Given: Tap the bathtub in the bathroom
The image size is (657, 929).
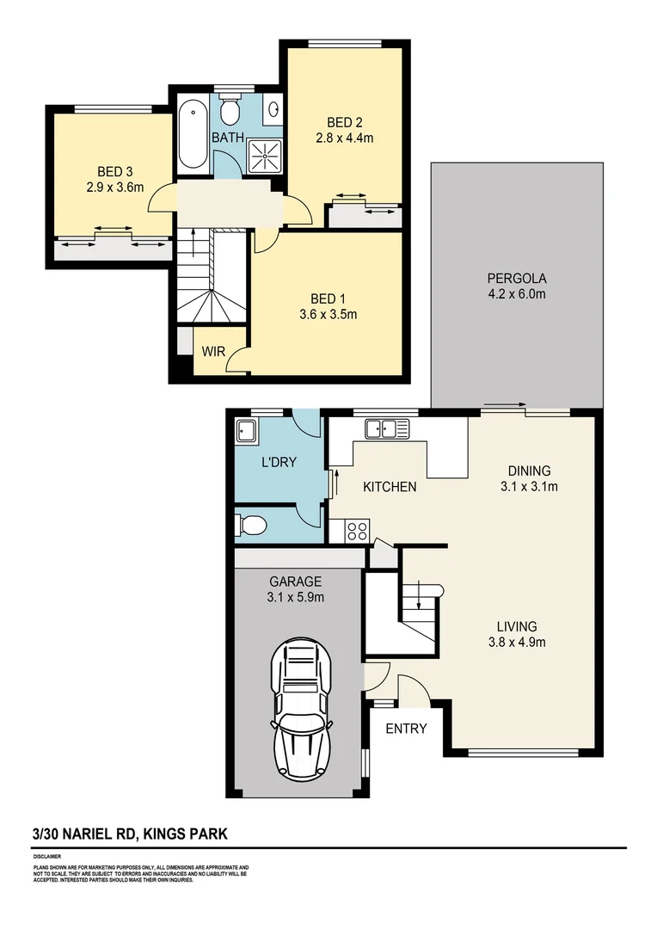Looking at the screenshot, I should click(192, 135).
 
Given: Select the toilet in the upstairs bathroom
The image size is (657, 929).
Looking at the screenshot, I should click(229, 110).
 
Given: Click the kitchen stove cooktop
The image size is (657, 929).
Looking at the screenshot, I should click(357, 532).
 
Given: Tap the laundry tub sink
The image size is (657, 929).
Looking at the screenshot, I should click(247, 431).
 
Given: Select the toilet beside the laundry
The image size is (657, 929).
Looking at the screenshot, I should click(250, 522).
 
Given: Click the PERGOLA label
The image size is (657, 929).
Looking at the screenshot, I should click(517, 278).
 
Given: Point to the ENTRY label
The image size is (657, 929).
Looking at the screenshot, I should click(406, 729).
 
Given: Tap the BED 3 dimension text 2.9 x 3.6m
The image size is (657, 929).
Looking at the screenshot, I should click(114, 188).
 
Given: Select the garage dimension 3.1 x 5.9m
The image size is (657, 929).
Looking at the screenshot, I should click(295, 598).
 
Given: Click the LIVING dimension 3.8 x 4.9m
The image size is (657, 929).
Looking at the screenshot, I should click(517, 641).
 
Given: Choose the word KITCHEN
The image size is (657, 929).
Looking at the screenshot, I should click(390, 487).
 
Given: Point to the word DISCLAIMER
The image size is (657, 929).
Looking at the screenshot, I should click(46, 857).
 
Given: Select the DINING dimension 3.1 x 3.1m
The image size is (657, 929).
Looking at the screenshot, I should click(529, 486).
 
